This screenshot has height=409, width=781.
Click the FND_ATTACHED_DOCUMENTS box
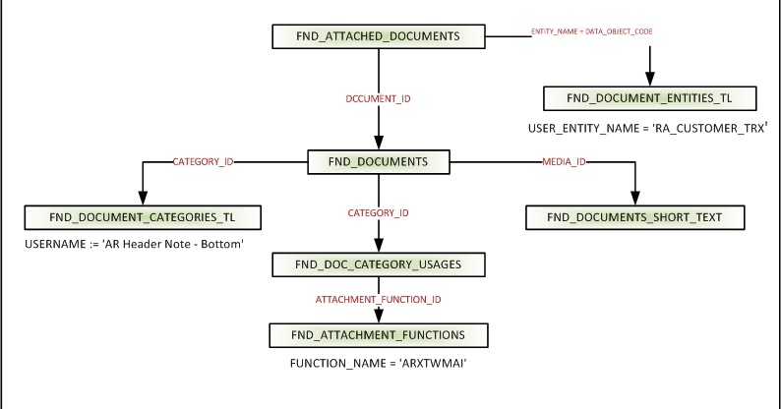coord(379,36)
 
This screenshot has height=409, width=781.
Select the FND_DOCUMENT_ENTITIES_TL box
coord(649,98)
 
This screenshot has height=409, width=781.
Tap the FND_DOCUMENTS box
coord(379,162)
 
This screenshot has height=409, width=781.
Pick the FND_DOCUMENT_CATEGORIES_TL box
coord(144,215)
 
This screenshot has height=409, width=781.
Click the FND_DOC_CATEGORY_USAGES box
coord(379,263)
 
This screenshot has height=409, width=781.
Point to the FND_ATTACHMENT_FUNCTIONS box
coord(379,335)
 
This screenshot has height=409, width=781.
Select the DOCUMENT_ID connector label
coord(379,99)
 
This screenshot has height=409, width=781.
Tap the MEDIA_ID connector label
coord(565,159)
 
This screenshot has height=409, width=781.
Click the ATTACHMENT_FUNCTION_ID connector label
coord(379,298)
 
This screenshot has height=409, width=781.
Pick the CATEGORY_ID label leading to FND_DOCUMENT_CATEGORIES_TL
coord(204,159)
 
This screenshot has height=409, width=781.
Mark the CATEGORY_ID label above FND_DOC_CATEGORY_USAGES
coord(379,212)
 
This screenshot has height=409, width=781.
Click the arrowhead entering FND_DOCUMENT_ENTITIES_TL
coord(649,79)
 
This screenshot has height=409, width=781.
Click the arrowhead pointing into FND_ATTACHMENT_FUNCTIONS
coord(379,317)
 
